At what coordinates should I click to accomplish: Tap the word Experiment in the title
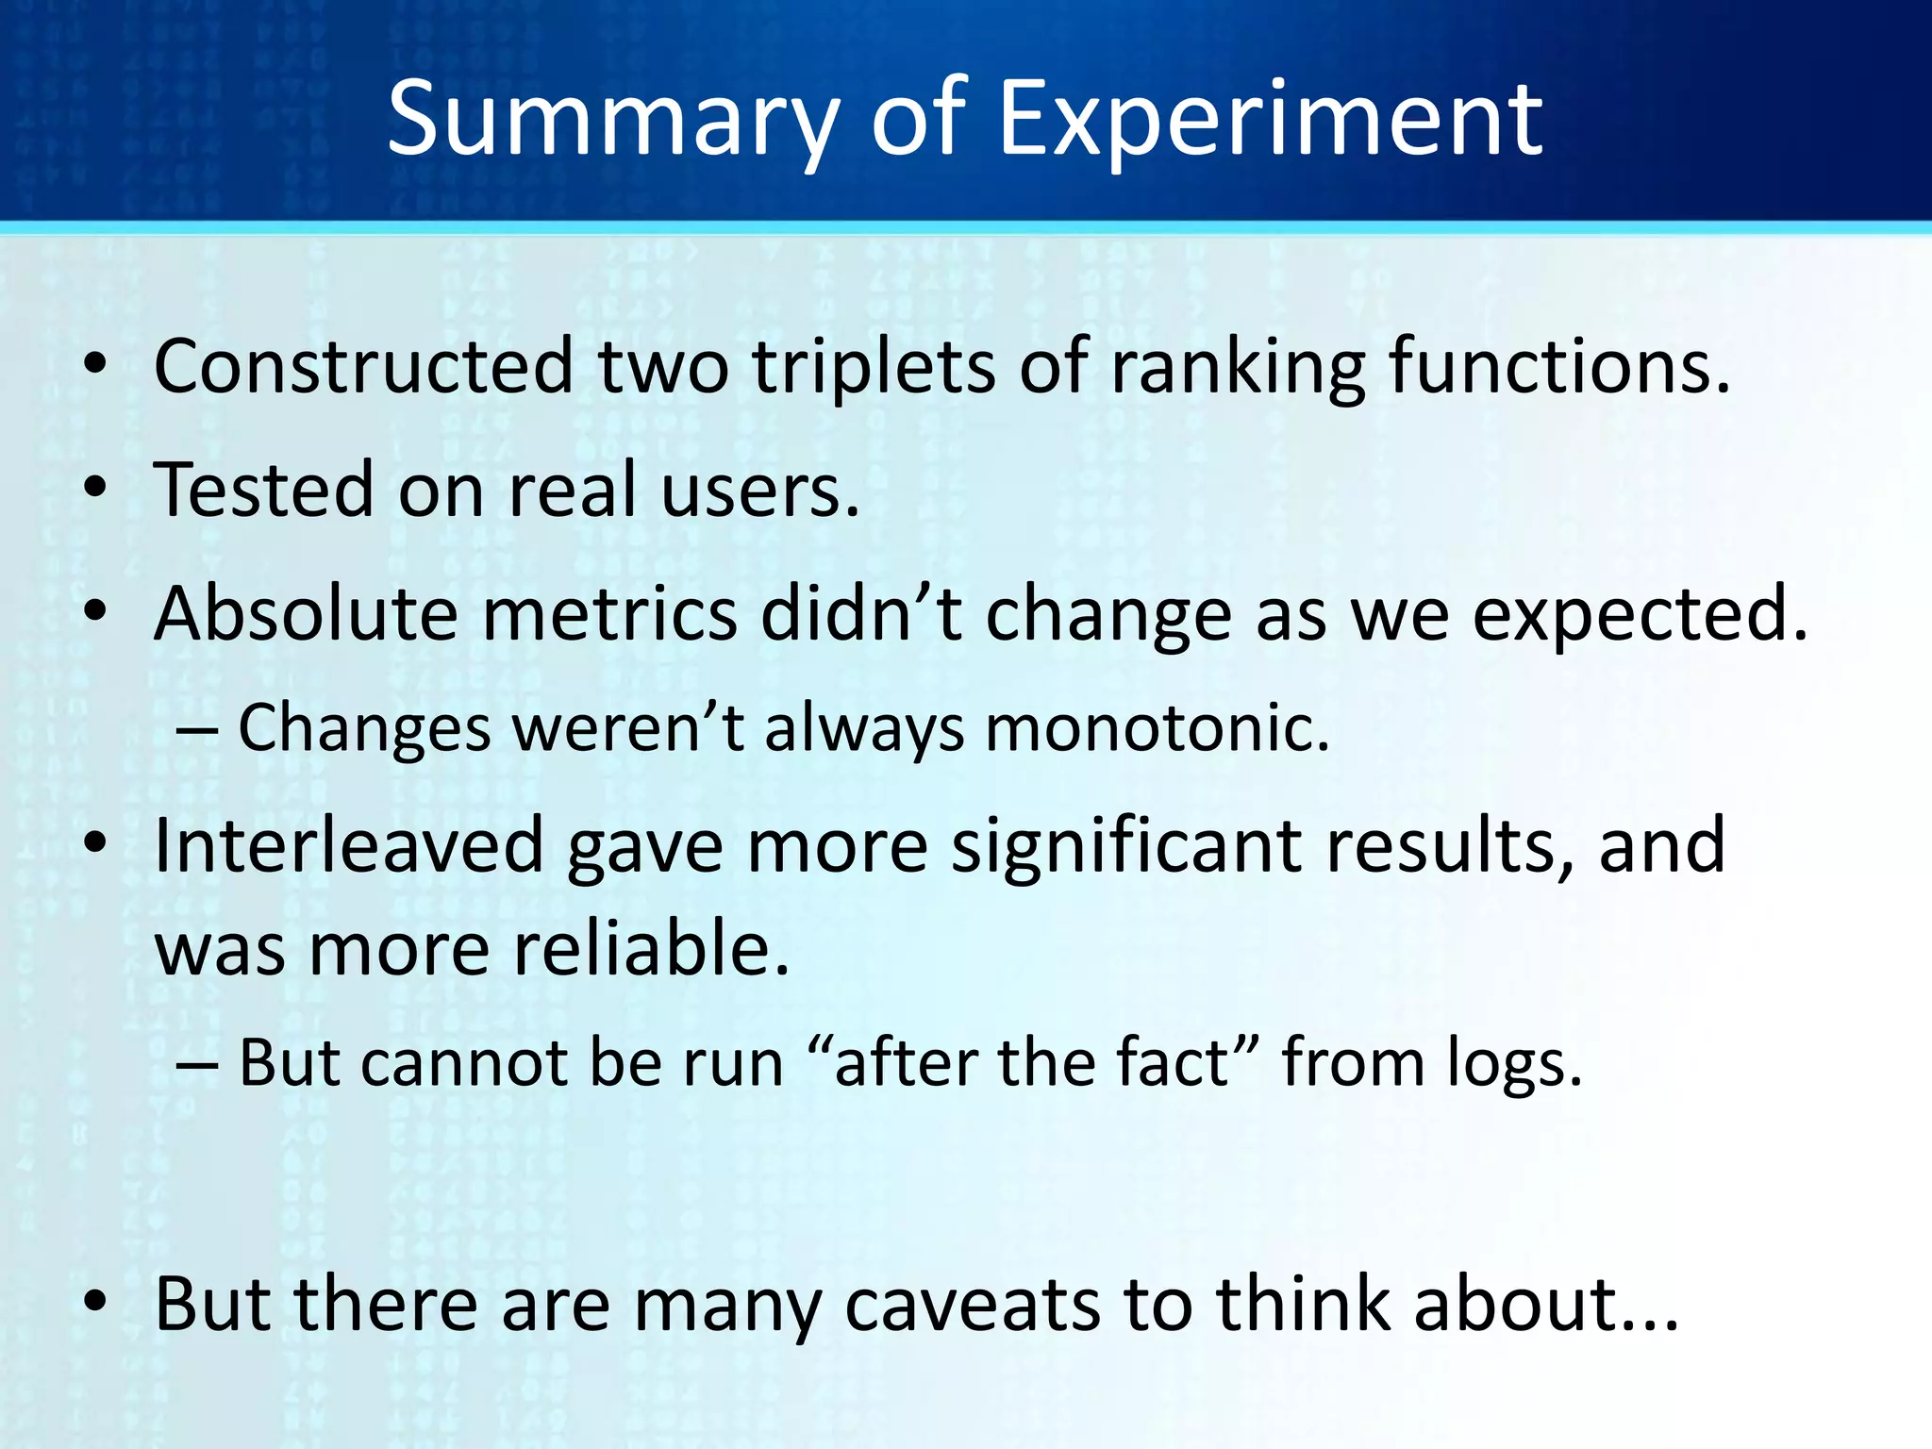[1270, 121]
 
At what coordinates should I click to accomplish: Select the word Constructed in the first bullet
[363, 366]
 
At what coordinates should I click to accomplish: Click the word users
[760, 491]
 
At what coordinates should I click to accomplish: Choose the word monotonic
[1157, 729]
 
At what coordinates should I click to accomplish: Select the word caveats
[972, 1305]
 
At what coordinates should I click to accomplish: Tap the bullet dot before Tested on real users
[95, 490]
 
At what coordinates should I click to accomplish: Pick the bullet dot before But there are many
[95, 1303]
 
